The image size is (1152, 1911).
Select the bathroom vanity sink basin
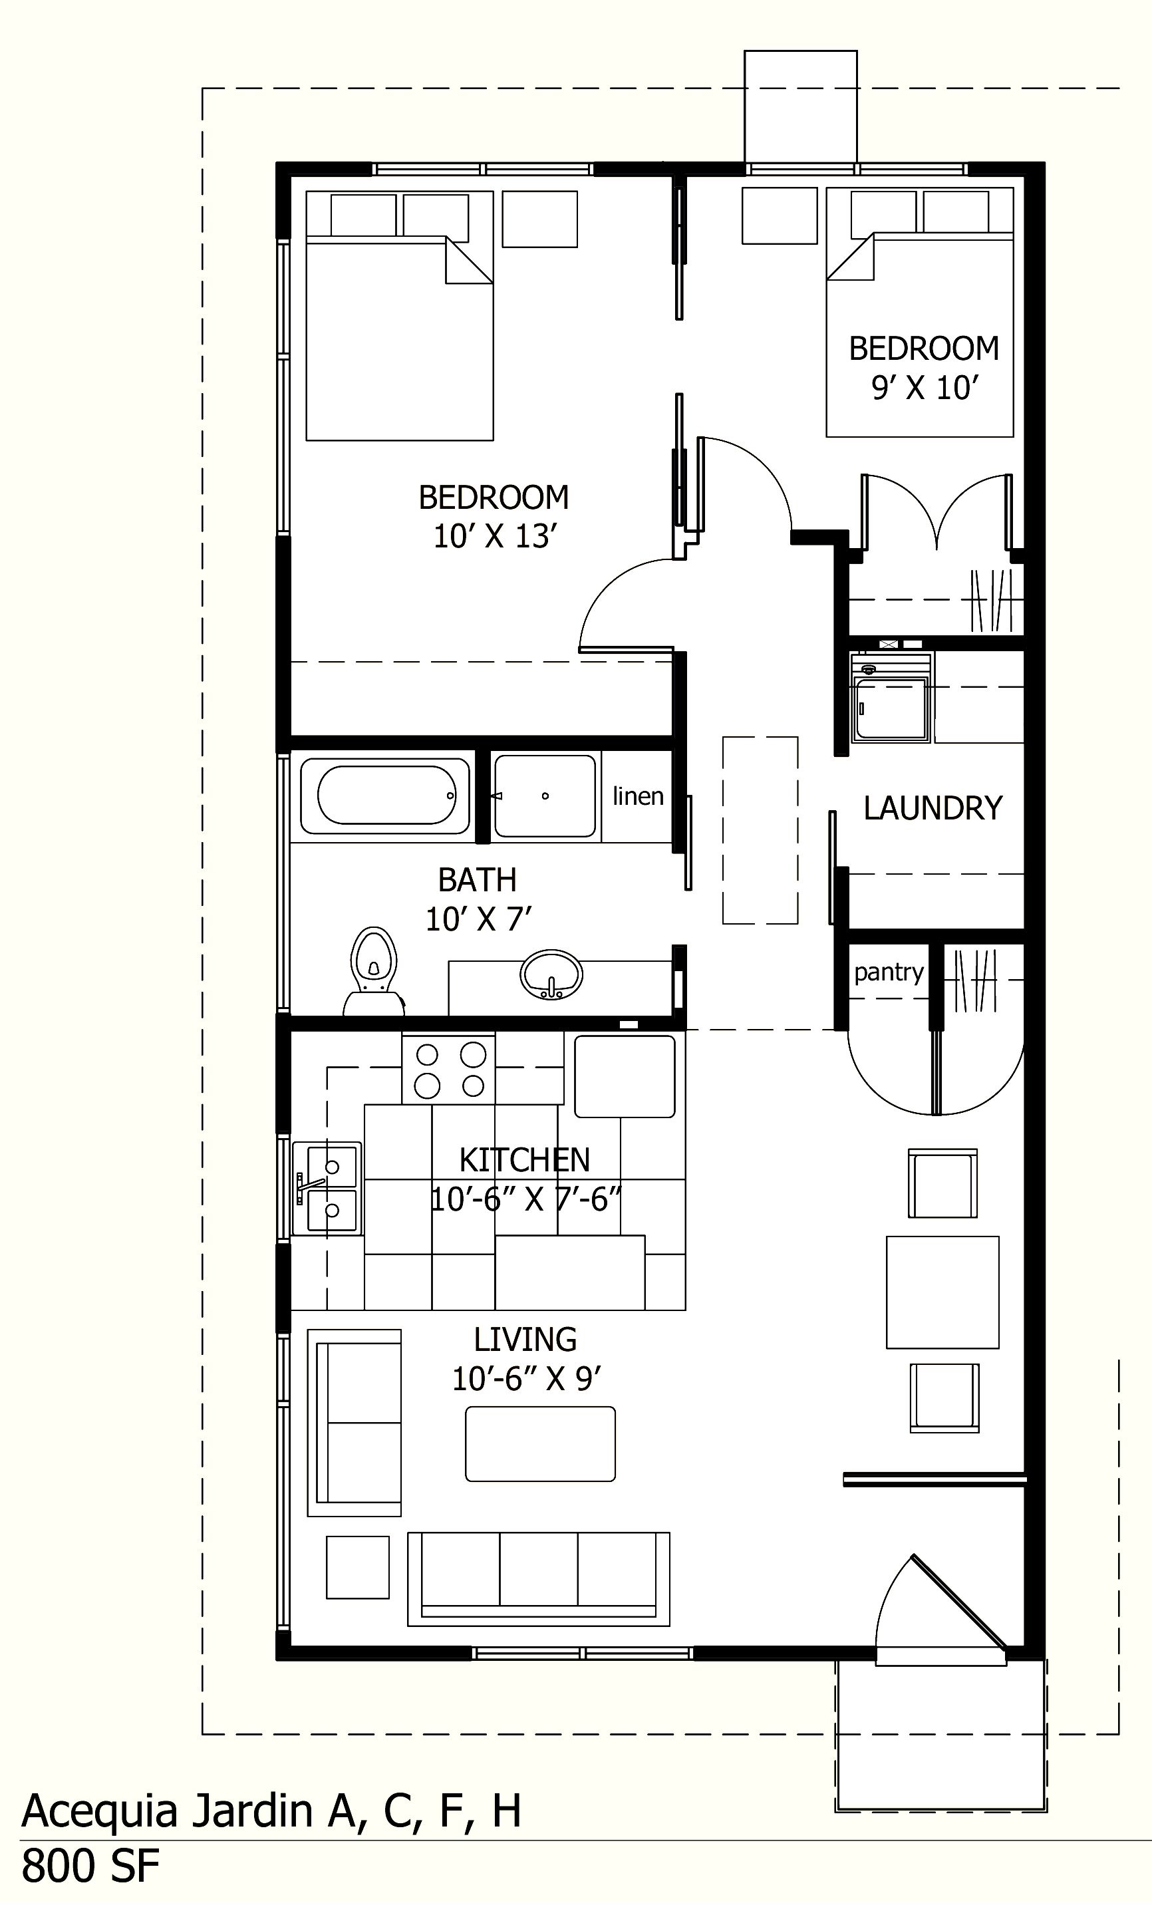[551, 974]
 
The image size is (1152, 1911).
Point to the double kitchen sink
[326, 1187]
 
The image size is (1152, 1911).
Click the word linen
[638, 796]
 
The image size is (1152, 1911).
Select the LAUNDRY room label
[933, 808]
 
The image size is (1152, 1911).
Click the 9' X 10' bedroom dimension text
[922, 387]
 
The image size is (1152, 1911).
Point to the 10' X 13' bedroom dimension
[495, 537]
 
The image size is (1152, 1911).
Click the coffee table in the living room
[540, 1444]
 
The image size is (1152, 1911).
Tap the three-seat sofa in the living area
[538, 1578]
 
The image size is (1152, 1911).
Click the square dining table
[942, 1292]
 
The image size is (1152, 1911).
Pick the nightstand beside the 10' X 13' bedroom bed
[539, 220]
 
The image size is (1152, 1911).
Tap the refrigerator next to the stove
[624, 1076]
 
